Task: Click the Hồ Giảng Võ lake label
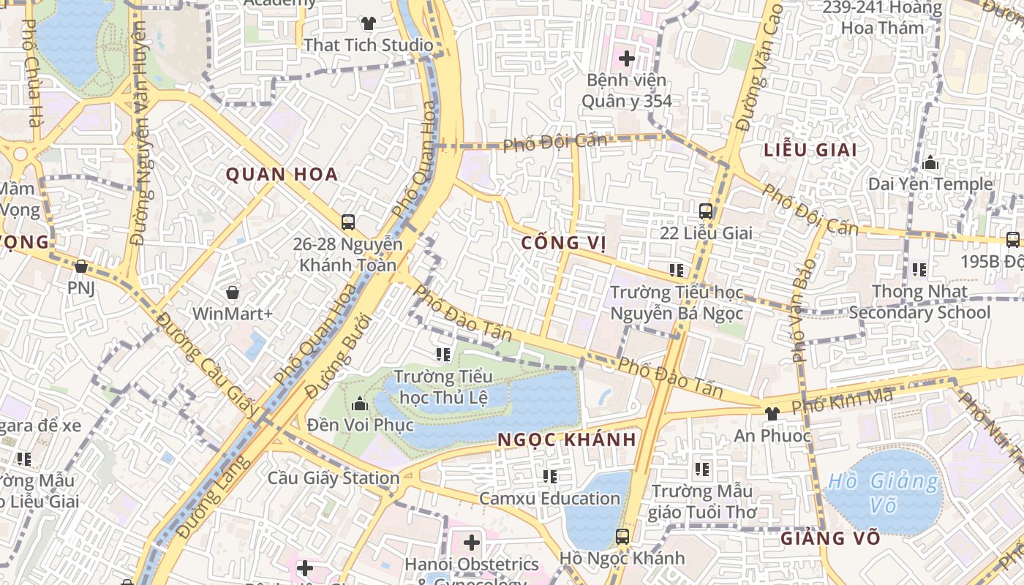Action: [x=883, y=493]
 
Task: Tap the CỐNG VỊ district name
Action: [x=565, y=243]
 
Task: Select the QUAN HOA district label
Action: [x=282, y=174]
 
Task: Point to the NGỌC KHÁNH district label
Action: [x=567, y=440]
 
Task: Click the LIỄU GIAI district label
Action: [x=810, y=150]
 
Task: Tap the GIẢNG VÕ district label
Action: [x=830, y=538]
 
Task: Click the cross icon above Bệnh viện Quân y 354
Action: [x=626, y=58]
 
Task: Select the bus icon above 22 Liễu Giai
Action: [x=706, y=211]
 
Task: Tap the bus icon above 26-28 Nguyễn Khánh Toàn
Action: [x=348, y=222]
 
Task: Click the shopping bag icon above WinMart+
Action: [x=233, y=292]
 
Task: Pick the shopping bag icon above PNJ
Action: [x=81, y=266]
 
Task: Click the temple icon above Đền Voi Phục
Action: [x=359, y=404]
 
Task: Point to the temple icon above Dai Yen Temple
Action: [x=930, y=162]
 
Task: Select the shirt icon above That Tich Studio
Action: [x=369, y=23]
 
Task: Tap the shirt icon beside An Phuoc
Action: [x=772, y=413]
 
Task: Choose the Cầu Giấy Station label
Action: [x=334, y=478]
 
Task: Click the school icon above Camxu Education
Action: [x=550, y=477]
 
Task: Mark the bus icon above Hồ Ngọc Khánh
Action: [x=622, y=536]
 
